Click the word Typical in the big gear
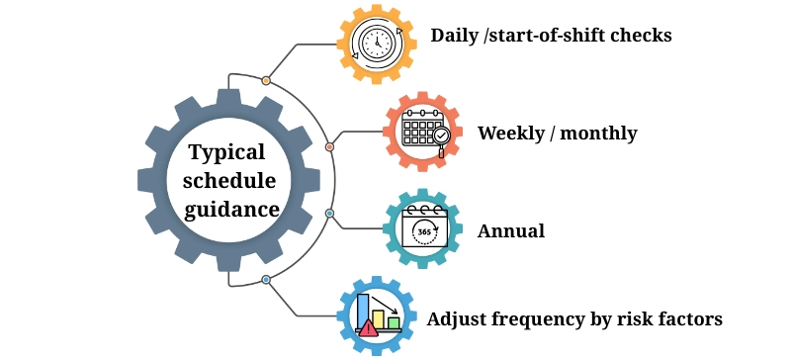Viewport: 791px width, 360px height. coord(226,153)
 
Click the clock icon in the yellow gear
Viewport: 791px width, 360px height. coord(376,43)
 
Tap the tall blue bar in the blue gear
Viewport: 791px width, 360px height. coord(363,308)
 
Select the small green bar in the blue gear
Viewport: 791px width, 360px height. coord(394,322)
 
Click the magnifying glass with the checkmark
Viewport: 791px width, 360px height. coord(441,137)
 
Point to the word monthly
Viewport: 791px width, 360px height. coord(597,134)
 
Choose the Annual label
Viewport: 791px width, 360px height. coord(511,231)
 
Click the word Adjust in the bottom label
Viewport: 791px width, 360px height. coord(457,319)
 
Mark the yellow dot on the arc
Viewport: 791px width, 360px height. coord(266,80)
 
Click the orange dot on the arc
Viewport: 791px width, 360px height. coord(329,147)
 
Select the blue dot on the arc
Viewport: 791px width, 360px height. coord(266,280)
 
